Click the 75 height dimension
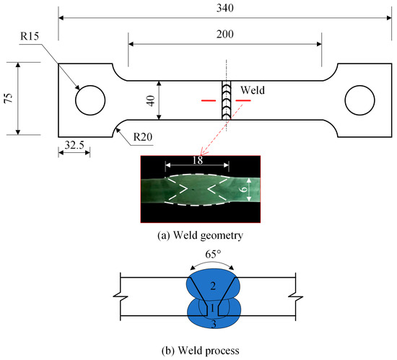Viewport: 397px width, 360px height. (x=9, y=99)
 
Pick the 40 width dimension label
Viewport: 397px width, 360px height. (x=151, y=100)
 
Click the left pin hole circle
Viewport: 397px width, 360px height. (x=90, y=100)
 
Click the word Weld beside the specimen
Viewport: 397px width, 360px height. (x=253, y=91)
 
